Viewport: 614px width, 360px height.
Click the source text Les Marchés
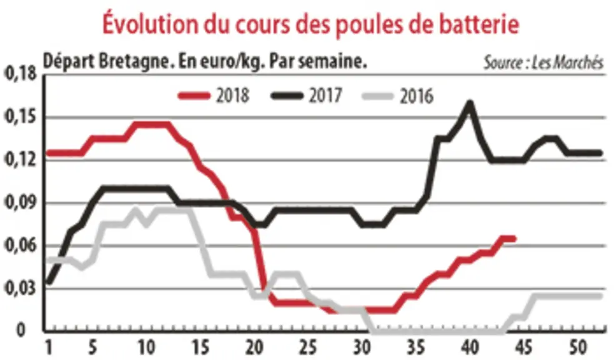[x=568, y=62]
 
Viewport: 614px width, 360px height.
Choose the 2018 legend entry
[x=214, y=96]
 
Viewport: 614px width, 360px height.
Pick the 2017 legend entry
[x=307, y=96]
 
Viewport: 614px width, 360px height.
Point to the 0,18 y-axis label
[x=21, y=73]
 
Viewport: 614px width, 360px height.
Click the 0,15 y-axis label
[x=21, y=117]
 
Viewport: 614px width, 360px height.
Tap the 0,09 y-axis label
[x=21, y=203]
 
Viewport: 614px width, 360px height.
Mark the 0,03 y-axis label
[x=21, y=289]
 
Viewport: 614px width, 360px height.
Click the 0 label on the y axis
[x=21, y=330]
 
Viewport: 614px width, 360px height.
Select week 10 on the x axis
[x=146, y=347]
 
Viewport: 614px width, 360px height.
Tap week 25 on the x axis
[x=308, y=347]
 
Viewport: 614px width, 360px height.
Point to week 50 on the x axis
[x=578, y=347]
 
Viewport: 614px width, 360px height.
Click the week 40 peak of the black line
[x=470, y=103]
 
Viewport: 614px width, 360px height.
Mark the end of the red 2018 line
[x=514, y=239]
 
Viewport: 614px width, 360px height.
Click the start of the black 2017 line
[x=49, y=281]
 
